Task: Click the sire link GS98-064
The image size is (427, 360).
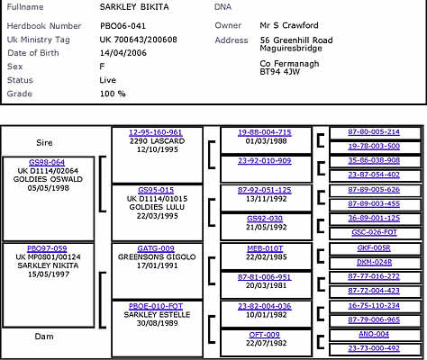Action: point(47,162)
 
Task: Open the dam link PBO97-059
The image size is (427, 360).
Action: point(47,248)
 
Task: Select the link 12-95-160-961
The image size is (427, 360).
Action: point(156,132)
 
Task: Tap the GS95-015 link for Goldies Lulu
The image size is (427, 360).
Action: point(156,190)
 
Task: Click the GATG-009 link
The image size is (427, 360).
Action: point(156,248)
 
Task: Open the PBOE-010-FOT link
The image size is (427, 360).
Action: point(156,306)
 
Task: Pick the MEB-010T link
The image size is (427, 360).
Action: point(265,248)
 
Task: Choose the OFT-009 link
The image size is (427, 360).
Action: point(265,335)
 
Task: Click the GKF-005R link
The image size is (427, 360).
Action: point(374,248)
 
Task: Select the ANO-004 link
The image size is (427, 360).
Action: point(374,334)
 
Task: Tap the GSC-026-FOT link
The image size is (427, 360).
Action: point(374,232)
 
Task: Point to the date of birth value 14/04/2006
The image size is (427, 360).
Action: point(123,53)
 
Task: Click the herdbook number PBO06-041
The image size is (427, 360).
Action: point(123,26)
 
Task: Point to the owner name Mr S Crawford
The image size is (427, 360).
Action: point(289,25)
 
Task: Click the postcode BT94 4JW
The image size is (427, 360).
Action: point(280,72)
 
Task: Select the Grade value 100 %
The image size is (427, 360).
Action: point(113,94)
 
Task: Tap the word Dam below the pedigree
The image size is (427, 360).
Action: point(44,337)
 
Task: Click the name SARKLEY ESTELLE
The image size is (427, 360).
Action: point(157,315)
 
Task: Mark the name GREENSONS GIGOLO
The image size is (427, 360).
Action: point(157,257)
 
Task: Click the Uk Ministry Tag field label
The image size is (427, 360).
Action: point(39,40)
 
